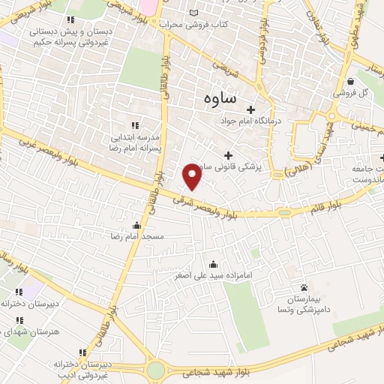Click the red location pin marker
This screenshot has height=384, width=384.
193,176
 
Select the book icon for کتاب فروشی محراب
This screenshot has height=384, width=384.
195,13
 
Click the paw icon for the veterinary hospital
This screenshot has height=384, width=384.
304,287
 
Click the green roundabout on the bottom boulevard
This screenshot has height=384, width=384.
156,370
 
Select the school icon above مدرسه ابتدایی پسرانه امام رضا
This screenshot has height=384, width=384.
135,125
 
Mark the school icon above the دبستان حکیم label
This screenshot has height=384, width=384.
70,20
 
